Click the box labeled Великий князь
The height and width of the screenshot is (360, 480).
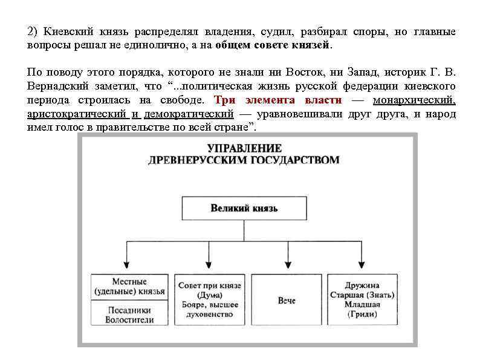tap(244, 209)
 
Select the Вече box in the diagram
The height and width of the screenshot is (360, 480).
tap(287, 300)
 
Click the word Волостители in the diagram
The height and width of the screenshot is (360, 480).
tap(129, 319)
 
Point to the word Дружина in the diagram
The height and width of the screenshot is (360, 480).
tap(362, 285)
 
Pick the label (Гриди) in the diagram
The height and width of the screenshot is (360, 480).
tap(362, 314)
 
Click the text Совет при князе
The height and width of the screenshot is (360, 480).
tap(210, 285)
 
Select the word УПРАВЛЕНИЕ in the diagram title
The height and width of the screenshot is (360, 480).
tap(244, 148)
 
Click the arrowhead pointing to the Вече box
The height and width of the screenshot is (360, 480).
tap(287, 264)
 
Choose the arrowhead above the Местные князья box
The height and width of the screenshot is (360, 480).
tap(126, 264)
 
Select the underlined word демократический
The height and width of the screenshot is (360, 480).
tap(187, 114)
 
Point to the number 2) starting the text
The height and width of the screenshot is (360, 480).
tap(33, 31)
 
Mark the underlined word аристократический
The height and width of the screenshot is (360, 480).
tap(77, 114)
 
